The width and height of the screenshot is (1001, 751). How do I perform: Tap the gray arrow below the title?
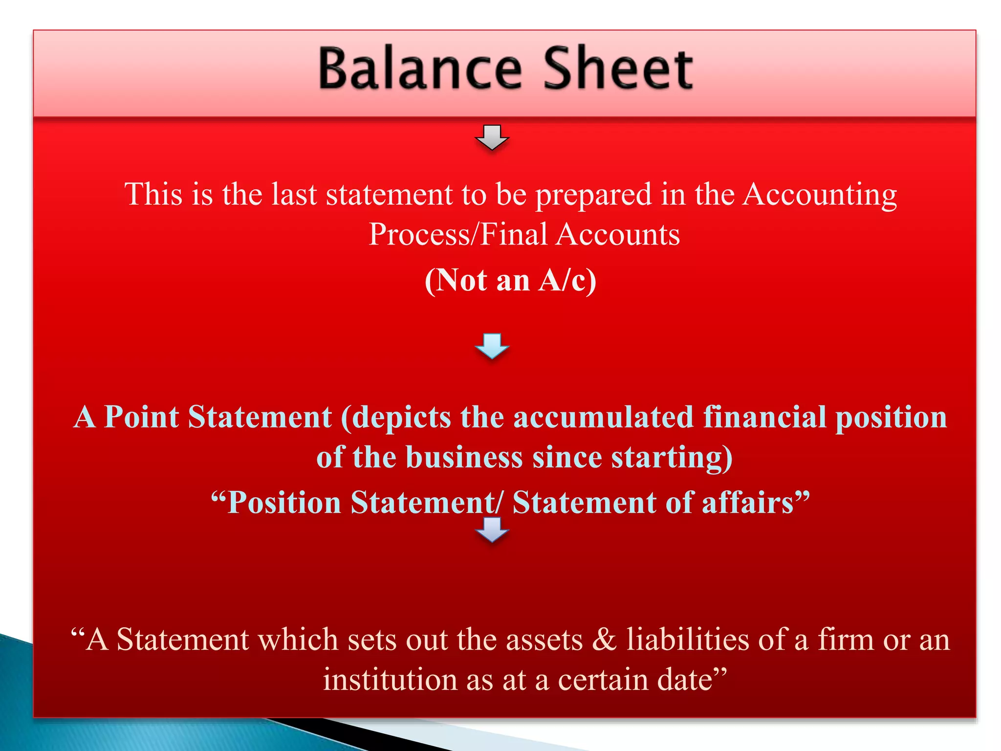[x=492, y=137]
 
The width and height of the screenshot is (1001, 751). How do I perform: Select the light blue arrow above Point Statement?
[x=492, y=346]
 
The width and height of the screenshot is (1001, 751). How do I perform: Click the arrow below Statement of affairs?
[x=492, y=530]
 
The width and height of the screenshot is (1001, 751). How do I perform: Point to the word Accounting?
[x=820, y=195]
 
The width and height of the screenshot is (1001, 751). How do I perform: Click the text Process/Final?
[x=457, y=234]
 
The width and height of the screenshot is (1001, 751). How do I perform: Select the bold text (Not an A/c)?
[x=510, y=280]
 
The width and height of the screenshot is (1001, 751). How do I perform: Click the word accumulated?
[x=604, y=417]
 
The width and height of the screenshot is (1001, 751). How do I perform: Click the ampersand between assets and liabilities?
[x=604, y=640]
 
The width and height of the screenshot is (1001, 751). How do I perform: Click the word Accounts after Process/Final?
[x=618, y=234]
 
